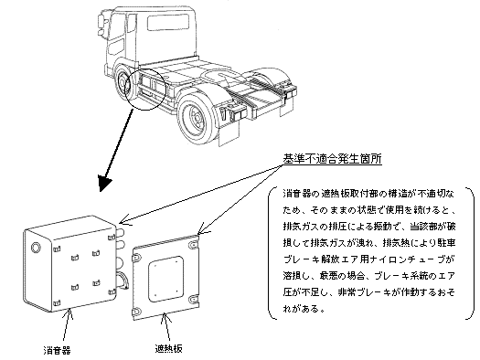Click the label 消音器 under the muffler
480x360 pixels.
pos(57,350)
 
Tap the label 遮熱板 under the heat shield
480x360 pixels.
pos(168,348)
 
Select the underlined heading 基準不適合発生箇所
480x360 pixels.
pos(332,159)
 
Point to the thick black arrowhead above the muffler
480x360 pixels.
pos(104,184)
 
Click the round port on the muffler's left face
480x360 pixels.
pos(36,247)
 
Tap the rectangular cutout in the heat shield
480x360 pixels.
pos(166,278)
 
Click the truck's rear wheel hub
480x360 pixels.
pos(196,118)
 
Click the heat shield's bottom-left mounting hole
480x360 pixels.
pos(136,312)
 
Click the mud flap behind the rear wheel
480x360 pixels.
pos(229,134)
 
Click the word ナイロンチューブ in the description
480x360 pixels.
pos(408,260)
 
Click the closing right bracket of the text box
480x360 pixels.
pos(471,254)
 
